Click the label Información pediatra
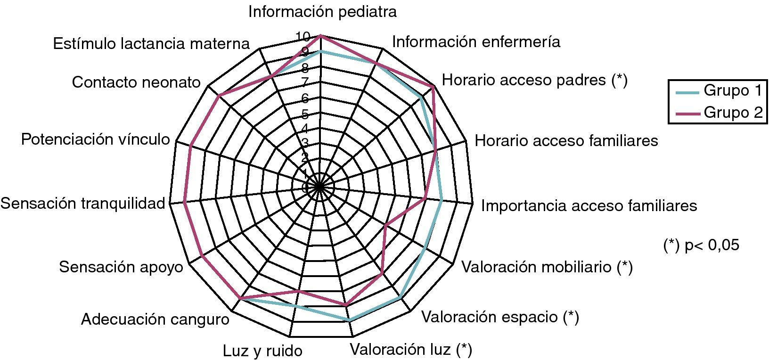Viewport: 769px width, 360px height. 322,12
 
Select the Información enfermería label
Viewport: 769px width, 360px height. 476,42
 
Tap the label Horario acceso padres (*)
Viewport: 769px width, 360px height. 535,80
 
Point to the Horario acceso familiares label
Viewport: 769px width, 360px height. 566,140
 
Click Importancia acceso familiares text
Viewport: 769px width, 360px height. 589,205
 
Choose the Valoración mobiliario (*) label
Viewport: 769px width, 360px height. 547,267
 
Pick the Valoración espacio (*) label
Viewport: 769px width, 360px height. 500,317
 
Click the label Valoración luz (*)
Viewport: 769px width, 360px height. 410,349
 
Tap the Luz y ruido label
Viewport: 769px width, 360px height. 262,351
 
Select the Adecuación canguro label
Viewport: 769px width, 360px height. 155,319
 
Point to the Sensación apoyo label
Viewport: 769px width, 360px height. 121,267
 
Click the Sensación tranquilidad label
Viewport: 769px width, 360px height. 83,203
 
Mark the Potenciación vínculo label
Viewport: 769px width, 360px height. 96,139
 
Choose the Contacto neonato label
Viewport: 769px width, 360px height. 136,82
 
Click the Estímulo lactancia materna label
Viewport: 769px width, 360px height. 151,43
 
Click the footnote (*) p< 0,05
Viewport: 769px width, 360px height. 701,245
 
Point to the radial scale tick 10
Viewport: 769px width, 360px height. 303,36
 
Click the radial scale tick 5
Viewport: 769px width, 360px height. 305,114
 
